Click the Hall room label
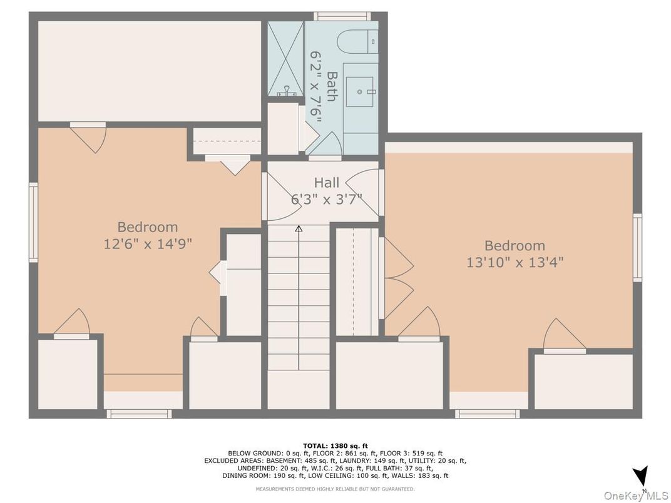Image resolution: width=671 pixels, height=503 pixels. point(327,183)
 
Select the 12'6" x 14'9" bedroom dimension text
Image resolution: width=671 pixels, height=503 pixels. point(148,244)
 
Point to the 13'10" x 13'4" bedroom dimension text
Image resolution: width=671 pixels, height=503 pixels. point(515,262)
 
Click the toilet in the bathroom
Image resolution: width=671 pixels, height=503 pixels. point(357,41)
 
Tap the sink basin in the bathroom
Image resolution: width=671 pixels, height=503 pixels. point(359,91)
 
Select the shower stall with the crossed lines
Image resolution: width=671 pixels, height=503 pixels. point(285,59)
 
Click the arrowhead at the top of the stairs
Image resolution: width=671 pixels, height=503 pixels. point(299,229)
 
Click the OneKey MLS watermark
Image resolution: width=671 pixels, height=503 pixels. point(636,495)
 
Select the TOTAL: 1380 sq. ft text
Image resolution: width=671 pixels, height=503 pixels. point(335,445)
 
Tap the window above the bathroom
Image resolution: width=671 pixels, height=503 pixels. point(342,16)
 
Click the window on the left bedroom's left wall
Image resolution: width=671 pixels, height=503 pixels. point(33,222)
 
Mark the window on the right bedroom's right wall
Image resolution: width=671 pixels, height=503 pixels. point(637,248)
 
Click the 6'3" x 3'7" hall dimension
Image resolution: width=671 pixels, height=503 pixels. point(327,200)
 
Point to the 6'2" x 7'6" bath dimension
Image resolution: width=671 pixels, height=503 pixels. point(316,86)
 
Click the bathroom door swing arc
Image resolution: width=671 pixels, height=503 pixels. point(337,138)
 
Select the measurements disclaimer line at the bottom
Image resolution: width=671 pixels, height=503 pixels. point(335,489)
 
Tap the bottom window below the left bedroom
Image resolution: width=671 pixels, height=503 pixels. point(139,414)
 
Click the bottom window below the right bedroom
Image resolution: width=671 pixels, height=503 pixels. point(488,414)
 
